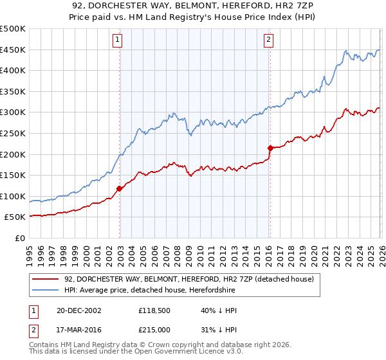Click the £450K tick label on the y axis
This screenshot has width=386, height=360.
[x=14, y=50]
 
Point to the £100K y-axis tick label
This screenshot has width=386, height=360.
[x=14, y=196]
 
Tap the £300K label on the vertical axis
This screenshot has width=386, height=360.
[x=14, y=113]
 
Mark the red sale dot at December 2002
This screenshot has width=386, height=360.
[x=119, y=188]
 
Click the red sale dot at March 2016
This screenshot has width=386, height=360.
[x=270, y=148]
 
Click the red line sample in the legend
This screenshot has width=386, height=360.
[x=46, y=279]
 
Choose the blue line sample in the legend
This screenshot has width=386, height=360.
[x=46, y=290]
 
